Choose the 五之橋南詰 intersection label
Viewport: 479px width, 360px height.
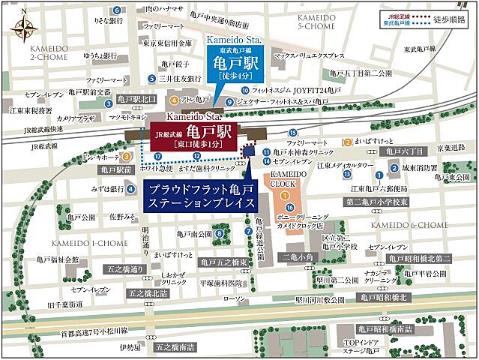click(x=175, y=347)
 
